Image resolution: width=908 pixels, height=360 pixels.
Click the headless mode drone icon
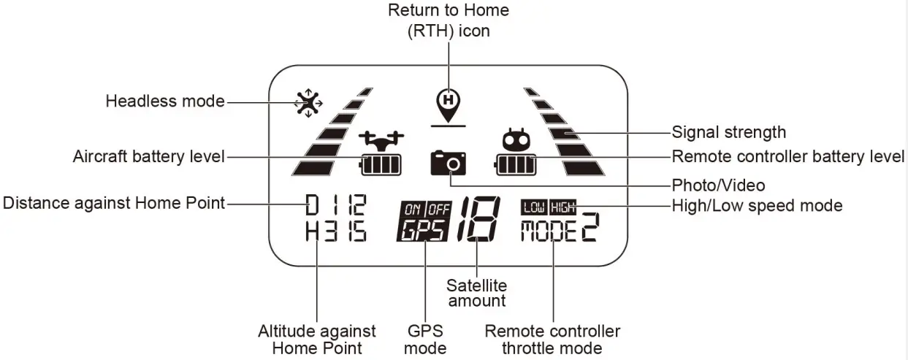pos(310,103)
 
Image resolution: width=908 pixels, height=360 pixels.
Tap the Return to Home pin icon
pos(448,104)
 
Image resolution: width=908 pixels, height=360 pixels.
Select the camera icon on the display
pos(449,161)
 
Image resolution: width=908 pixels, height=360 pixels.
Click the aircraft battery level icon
pos(381,165)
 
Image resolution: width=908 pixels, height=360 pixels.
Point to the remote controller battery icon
pos(516,165)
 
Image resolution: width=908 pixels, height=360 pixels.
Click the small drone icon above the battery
pos(381,139)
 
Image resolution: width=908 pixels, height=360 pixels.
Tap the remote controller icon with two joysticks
pos(516,139)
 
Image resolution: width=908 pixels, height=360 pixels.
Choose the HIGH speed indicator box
pos(563,208)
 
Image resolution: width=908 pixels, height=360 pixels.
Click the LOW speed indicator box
pos(534,208)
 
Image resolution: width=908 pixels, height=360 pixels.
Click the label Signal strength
pos(728,132)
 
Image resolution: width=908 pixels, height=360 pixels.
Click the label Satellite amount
pos(476,293)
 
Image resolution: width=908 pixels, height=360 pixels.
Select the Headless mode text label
pos(165,101)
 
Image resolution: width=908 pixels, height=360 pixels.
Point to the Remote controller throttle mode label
pos(552,340)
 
